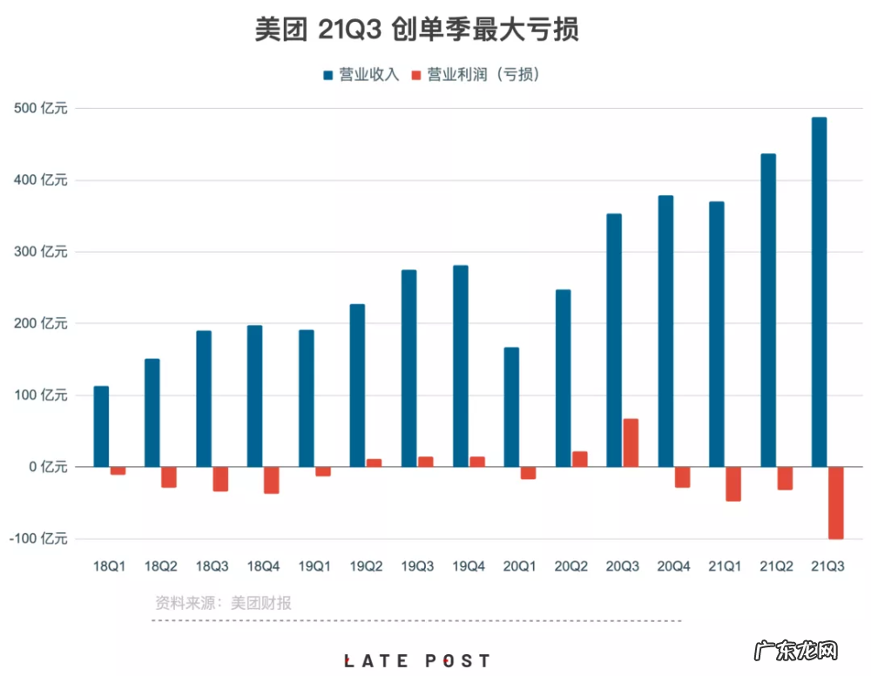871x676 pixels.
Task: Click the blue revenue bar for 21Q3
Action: tap(819, 292)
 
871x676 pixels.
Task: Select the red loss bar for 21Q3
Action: tap(836, 503)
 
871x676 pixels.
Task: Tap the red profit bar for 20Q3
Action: tap(631, 443)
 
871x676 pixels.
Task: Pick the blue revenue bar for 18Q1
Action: tap(101, 426)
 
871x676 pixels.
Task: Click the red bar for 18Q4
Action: tap(272, 480)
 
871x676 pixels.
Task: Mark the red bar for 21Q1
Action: tap(733, 483)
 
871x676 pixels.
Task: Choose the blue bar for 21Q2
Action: tap(768, 310)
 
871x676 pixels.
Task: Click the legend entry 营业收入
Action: tap(361, 75)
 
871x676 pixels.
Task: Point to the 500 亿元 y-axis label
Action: tap(40, 109)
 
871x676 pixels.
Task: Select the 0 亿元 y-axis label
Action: tap(46, 467)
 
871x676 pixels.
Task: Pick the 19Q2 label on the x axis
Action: tap(366, 566)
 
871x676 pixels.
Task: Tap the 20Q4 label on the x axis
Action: tap(674, 566)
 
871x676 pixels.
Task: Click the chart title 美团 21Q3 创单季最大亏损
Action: tap(417, 30)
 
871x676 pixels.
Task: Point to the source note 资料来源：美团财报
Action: tap(223, 603)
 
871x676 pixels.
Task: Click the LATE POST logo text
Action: tap(416, 661)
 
